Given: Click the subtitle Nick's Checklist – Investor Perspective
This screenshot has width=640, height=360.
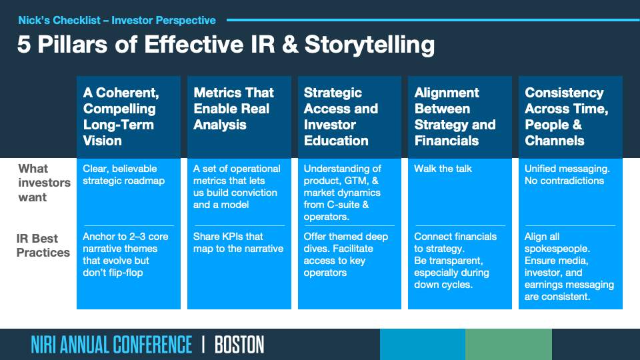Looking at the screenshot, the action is tap(117, 21).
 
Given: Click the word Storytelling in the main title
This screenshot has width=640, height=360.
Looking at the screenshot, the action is tap(369, 45).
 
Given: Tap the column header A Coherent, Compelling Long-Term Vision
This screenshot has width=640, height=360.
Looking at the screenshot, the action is tap(121, 117).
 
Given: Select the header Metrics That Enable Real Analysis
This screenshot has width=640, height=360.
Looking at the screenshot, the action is tap(233, 109).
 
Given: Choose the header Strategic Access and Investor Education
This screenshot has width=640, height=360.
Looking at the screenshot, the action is tap(341, 117).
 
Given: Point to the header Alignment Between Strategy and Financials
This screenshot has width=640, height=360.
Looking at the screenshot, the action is tap(455, 117).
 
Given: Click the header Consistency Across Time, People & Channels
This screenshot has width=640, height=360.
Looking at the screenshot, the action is tap(566, 117).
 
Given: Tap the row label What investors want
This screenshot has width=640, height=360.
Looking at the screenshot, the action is tap(44, 183).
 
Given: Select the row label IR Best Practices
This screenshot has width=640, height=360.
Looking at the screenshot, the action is tap(43, 245).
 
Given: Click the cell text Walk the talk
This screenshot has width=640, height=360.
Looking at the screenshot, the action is tap(443, 169).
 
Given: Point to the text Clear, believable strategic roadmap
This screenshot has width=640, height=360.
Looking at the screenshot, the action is tap(124, 175).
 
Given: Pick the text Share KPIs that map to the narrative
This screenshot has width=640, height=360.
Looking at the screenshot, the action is tap(238, 243).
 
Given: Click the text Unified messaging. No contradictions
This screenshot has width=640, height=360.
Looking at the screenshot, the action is tap(567, 175).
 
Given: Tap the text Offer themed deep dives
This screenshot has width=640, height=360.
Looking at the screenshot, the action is tap(346, 243).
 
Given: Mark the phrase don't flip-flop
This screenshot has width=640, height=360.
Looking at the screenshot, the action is tap(113, 273).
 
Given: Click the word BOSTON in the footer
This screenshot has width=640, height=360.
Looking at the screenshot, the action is tap(239, 345).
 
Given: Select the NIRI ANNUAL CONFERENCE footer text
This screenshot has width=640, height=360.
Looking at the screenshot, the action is tap(111, 345).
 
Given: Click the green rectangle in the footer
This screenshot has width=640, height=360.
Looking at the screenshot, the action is tap(509, 345).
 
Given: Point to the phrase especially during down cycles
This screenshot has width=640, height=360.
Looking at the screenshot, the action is tap(451, 279).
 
